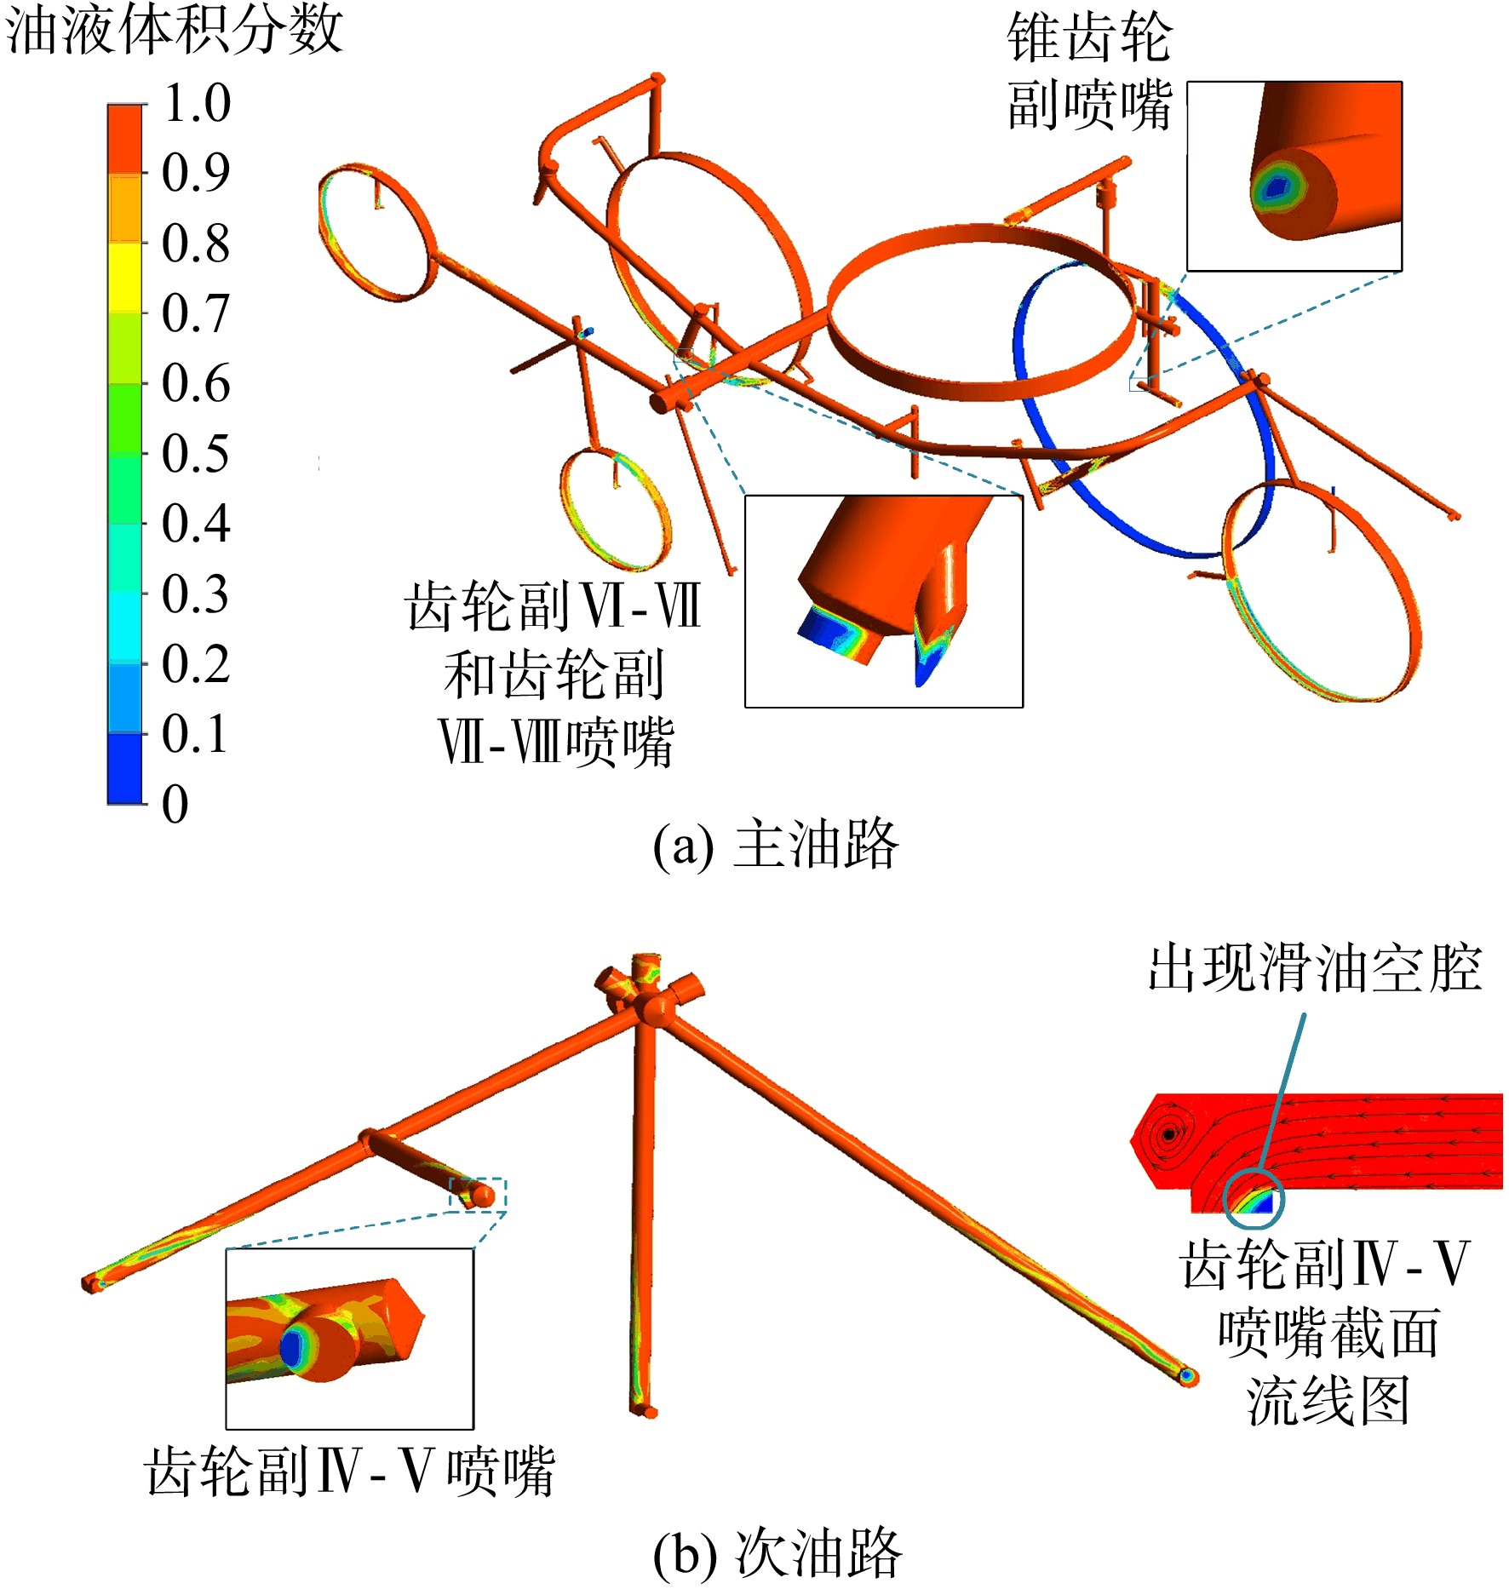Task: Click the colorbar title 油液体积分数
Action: (x=175, y=30)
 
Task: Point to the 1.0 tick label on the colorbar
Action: (x=197, y=103)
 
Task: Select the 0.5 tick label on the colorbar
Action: (x=196, y=454)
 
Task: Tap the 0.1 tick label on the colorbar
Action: (x=195, y=734)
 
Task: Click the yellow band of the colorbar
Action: (x=124, y=278)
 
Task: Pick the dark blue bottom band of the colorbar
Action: (x=124, y=769)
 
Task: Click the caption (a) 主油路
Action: (x=776, y=846)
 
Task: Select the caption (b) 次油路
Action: (x=777, y=1552)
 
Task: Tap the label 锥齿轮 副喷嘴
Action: (x=1090, y=72)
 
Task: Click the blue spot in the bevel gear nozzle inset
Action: (x=1275, y=187)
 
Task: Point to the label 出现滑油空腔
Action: (x=1316, y=968)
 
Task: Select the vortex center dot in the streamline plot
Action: (x=1169, y=1134)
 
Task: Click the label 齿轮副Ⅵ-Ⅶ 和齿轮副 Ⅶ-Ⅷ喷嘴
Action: (x=554, y=674)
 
